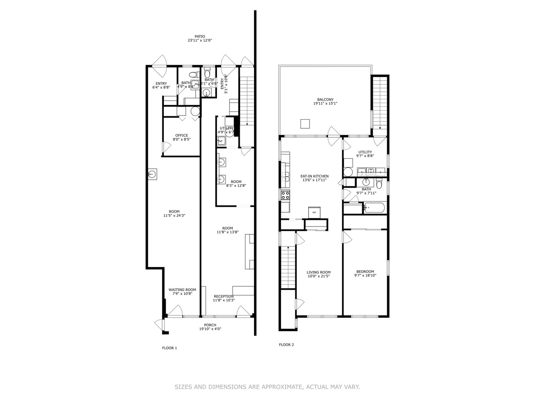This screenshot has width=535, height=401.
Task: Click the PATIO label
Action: pos(200,36)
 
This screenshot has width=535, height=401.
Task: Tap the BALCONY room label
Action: pos(325,100)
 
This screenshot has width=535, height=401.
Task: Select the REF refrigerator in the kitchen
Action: pos(314,212)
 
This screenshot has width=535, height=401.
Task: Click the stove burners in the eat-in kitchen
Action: pos(285,195)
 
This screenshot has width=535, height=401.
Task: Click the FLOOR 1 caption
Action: pos(169,348)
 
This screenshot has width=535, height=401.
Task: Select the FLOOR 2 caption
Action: pos(286,345)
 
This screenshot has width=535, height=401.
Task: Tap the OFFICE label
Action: pos(182,136)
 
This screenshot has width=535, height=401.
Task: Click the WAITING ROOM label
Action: pos(182,290)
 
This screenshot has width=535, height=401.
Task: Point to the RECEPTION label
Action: pos(224,296)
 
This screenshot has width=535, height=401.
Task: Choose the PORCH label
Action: pos(210,325)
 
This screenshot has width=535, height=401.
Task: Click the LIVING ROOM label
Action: pos(318,272)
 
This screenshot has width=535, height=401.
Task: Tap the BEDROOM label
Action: pos(365,271)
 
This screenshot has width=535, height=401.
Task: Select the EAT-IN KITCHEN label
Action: pos(314,176)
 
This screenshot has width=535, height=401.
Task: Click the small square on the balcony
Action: pos(305,124)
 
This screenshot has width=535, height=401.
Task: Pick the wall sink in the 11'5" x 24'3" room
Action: pos(152,174)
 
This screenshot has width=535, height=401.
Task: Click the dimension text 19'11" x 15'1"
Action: pos(325,104)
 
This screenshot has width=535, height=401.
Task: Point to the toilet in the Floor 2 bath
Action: pos(379,184)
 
